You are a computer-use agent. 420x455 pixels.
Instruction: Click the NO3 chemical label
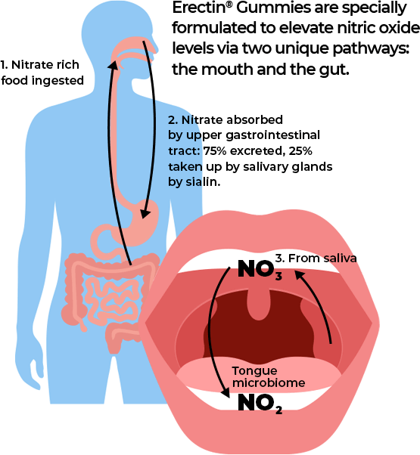[260, 270]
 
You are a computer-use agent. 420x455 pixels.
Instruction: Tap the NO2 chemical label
[260, 404]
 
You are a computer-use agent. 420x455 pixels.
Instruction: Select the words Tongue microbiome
[269, 377]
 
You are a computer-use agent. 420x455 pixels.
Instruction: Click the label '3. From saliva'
[316, 258]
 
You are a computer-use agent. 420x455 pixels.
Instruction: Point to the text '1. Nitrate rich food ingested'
[42, 73]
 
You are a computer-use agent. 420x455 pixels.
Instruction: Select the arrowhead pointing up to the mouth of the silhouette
[114, 65]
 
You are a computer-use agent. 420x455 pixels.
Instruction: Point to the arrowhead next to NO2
[226, 392]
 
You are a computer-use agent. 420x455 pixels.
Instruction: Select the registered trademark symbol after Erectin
[229, 5]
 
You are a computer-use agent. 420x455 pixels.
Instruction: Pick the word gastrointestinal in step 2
[277, 135]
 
